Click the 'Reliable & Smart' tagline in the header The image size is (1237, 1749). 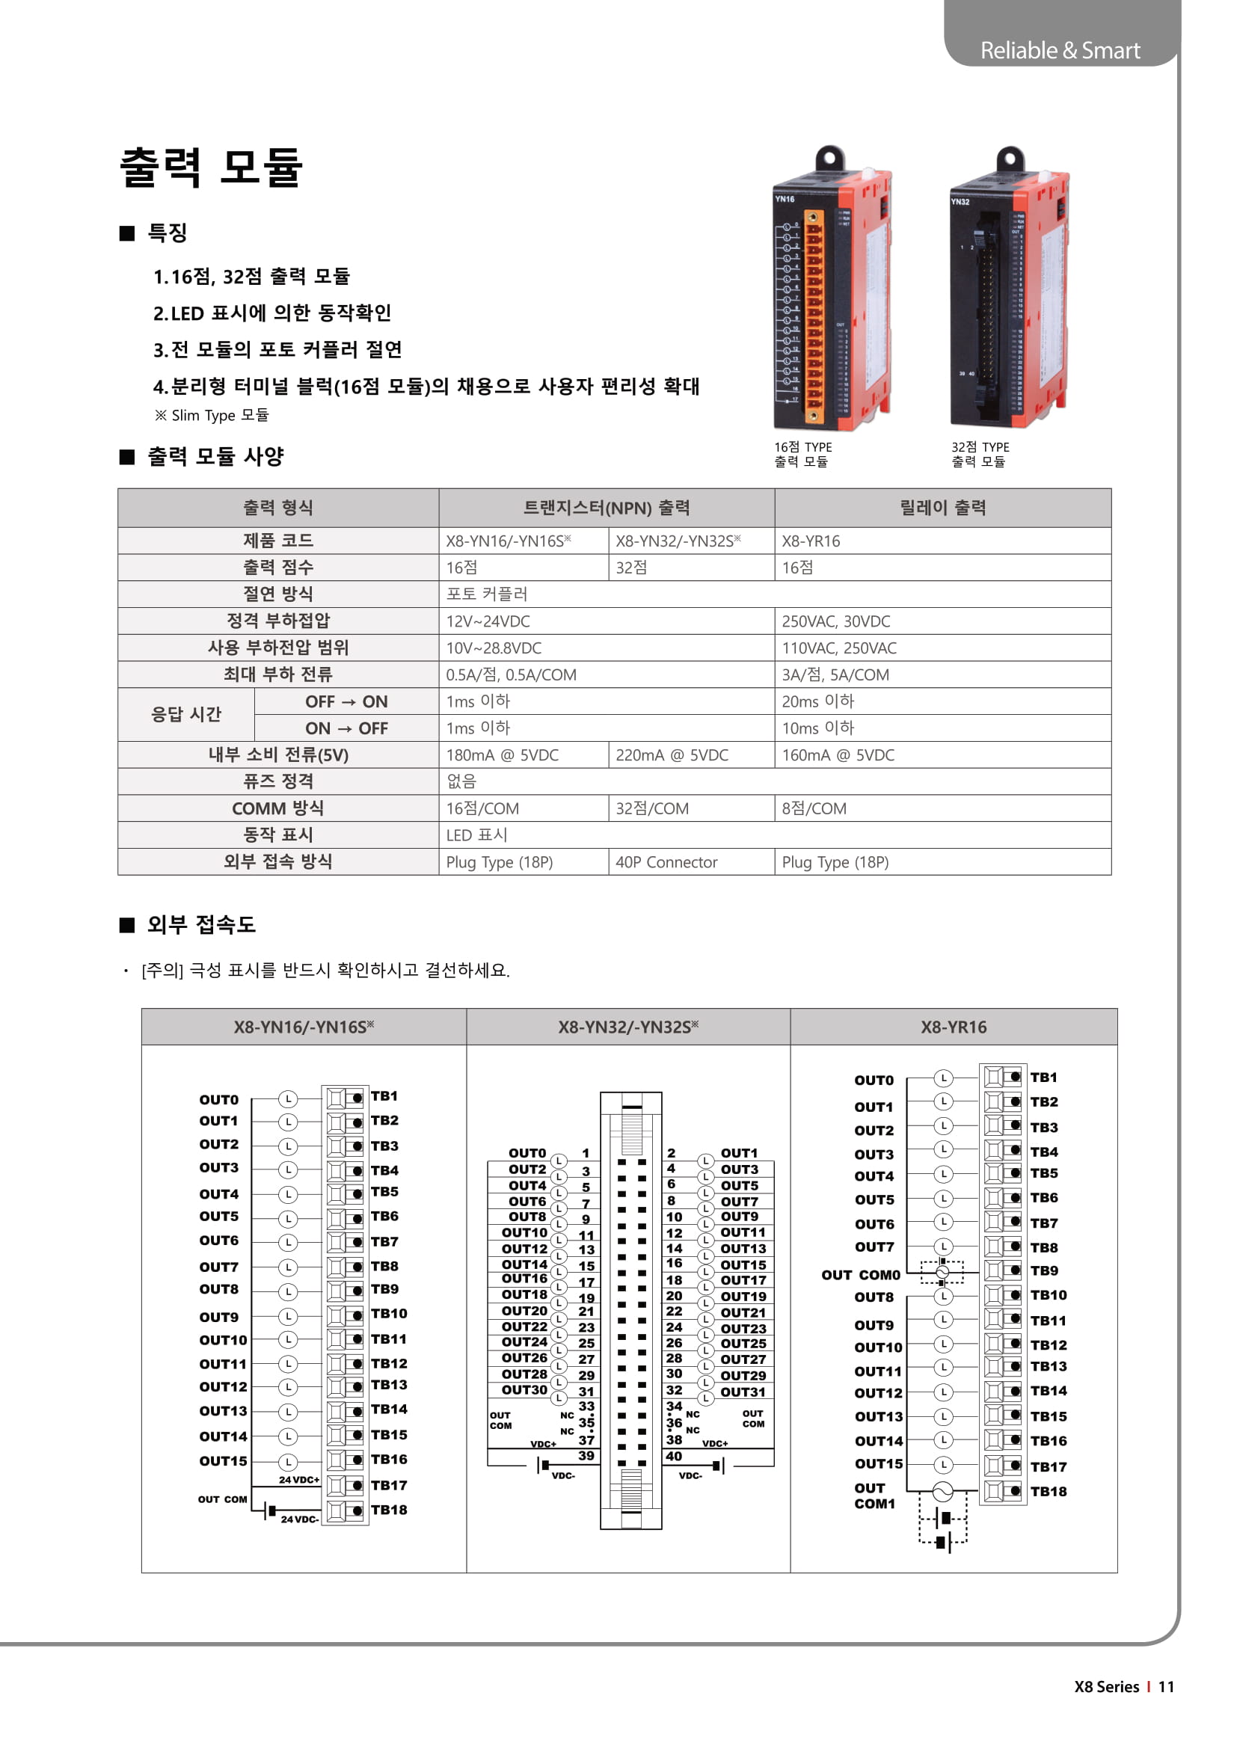pos(1060,50)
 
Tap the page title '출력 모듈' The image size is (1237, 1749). pos(212,167)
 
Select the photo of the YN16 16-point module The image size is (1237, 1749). pos(832,289)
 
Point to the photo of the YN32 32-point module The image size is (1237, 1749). pos(1008,289)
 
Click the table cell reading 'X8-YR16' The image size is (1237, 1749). pos(811,541)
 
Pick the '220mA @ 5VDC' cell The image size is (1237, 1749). pos(672,755)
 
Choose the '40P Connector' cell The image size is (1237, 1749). pos(666,861)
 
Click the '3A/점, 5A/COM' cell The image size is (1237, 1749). pos(835,675)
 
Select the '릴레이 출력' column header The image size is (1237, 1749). pos(942,508)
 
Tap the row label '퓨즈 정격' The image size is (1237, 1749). pos(278,781)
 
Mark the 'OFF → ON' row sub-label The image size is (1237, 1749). pos(346,701)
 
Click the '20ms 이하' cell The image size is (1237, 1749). pos(818,701)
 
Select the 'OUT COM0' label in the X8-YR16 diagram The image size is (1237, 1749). pos(861,1275)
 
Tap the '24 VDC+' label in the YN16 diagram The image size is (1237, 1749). pos(298,1480)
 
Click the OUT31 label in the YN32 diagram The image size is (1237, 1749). pos(743,1392)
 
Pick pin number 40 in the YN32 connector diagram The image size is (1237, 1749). pos(674,1456)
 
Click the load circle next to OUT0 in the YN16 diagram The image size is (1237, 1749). pos(287,1099)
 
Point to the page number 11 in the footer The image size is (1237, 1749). pos(1166,1686)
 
